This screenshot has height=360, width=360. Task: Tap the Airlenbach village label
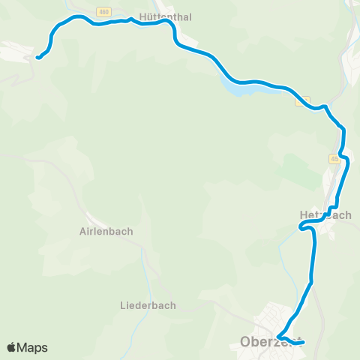[x=106, y=232]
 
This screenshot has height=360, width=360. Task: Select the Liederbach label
[x=148, y=306]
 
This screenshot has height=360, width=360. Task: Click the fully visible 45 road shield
[x=334, y=159]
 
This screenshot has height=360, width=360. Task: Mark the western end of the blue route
[x=37, y=58]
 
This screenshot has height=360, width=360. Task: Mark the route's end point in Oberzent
[x=302, y=343]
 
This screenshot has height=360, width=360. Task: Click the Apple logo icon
[x=11, y=347]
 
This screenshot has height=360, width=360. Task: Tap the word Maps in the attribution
[x=32, y=347]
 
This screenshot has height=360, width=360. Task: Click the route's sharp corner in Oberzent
[x=277, y=335]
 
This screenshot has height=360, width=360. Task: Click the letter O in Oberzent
[x=244, y=343]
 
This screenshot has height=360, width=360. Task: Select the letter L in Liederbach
[x=124, y=306]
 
